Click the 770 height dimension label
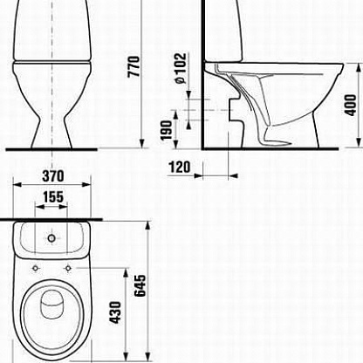click(134, 66)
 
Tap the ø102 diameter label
click(181, 68)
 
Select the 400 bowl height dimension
click(350, 105)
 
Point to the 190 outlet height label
click(167, 130)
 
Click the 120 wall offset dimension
click(180, 168)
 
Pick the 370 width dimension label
click(53, 176)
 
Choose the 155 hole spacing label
click(53, 197)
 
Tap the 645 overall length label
click(140, 285)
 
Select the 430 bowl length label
click(115, 312)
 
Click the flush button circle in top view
click(51, 238)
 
